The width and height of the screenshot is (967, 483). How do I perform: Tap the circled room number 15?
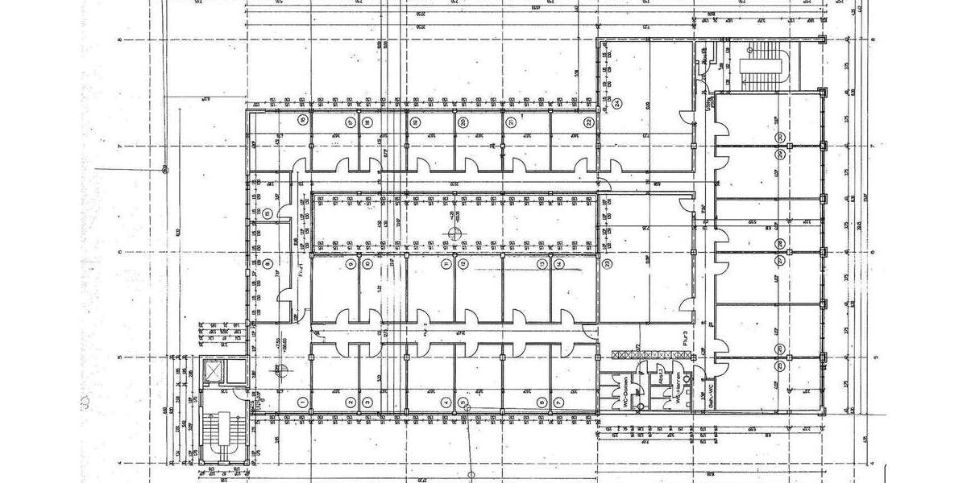pos(267,213)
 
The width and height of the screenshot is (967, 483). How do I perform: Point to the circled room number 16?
pos(301,121)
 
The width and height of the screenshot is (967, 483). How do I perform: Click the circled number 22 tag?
pos(590,122)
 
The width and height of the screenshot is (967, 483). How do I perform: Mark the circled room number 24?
pos(617,104)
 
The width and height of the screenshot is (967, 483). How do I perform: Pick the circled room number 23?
pos(606,263)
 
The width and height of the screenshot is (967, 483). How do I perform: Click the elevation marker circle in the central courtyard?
pos(454,233)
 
